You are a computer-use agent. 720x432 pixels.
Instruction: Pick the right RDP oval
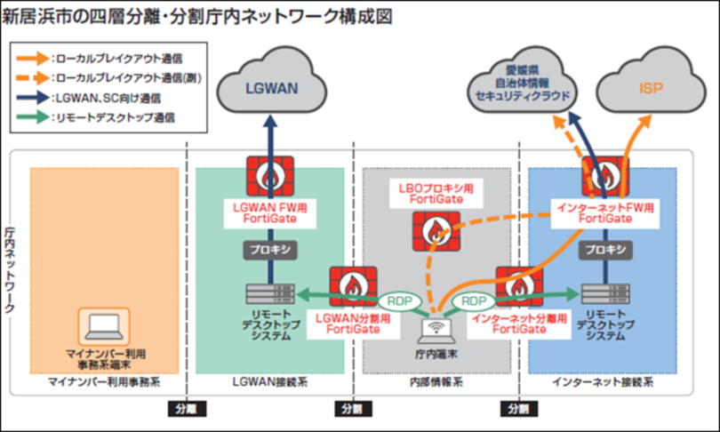(x=473, y=300)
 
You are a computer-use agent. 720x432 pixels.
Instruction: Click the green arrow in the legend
(x=34, y=116)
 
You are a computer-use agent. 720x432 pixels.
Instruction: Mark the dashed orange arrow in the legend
(x=34, y=77)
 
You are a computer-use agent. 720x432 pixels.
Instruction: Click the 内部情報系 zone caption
(x=436, y=383)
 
